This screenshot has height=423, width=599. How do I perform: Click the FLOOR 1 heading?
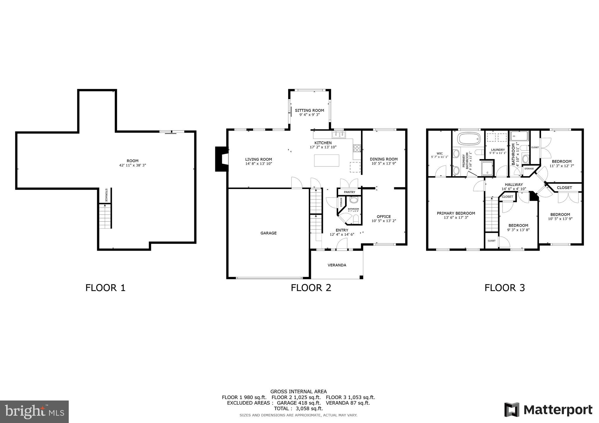(105, 288)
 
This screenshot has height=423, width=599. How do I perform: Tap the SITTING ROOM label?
(309, 110)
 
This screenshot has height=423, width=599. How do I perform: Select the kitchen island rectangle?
(326, 160)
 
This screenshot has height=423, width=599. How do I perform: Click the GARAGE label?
(268, 233)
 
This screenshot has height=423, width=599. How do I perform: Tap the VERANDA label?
(337, 265)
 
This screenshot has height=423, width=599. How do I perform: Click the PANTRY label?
(350, 192)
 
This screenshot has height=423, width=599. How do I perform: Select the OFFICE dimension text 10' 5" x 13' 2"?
(384, 221)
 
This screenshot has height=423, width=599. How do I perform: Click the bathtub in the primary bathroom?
(469, 139)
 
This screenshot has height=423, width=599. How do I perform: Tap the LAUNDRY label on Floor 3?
(498, 150)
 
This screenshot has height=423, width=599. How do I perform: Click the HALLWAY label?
(514, 184)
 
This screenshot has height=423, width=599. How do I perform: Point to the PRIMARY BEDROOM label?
(456, 213)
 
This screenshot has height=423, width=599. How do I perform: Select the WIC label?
(440, 153)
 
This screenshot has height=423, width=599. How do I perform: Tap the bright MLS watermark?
(34, 412)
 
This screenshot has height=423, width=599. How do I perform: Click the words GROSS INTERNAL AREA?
(298, 391)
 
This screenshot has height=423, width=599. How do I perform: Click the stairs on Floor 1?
(105, 216)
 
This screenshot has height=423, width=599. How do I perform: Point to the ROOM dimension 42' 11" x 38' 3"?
(132, 165)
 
